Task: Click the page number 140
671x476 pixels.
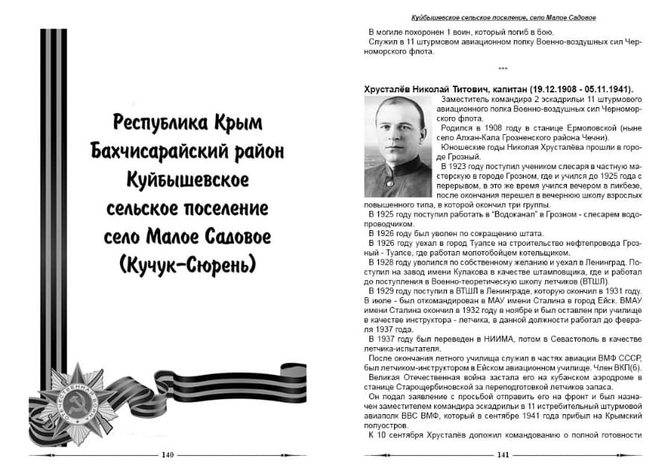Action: pyautogui.click(x=167, y=454)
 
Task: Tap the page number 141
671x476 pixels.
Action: pyautogui.click(x=503, y=454)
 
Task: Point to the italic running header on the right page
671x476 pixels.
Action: pyautogui.click(x=503, y=16)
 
